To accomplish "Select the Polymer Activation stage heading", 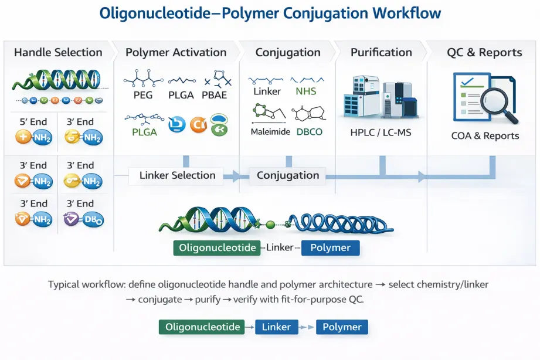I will tap(176, 52).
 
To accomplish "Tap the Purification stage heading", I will tap(381, 52).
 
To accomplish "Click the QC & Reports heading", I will tap(484, 52).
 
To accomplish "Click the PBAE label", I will tap(215, 95).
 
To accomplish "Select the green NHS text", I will tap(305, 91).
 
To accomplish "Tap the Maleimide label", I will tap(270, 132).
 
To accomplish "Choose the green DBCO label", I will tap(309, 132).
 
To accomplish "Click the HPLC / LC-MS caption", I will tap(381, 133).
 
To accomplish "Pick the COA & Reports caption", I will tap(485, 136).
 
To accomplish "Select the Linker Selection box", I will tap(177, 175).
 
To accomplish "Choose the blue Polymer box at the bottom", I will tap(342, 327).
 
